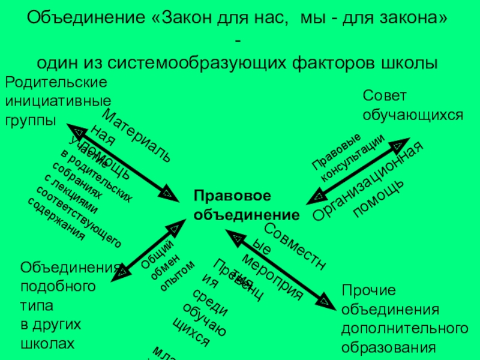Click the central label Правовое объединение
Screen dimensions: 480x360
246,206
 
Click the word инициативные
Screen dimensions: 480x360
58,101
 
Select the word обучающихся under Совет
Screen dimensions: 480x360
413,115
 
